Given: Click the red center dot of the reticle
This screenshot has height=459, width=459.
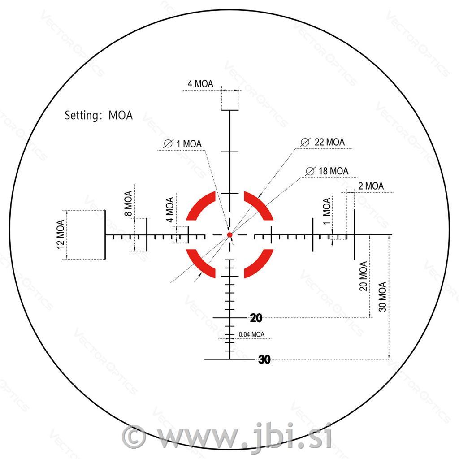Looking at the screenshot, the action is coord(230,234).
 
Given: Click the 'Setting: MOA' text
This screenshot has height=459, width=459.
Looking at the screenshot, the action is coord(99,115).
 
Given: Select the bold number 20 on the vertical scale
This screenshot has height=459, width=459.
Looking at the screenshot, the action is coord(256,318).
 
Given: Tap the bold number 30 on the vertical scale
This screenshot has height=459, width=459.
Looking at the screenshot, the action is coord(264,359).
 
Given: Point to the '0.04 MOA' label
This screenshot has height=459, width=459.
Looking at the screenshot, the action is coord(251,334).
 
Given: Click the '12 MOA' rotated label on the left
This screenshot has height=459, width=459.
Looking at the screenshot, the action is coord(61,234).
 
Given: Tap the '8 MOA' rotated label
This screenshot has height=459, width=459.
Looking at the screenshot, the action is coord(128,203).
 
